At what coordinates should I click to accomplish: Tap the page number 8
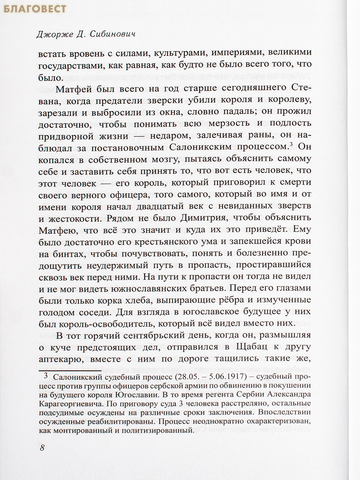click(x=42, y=447)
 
